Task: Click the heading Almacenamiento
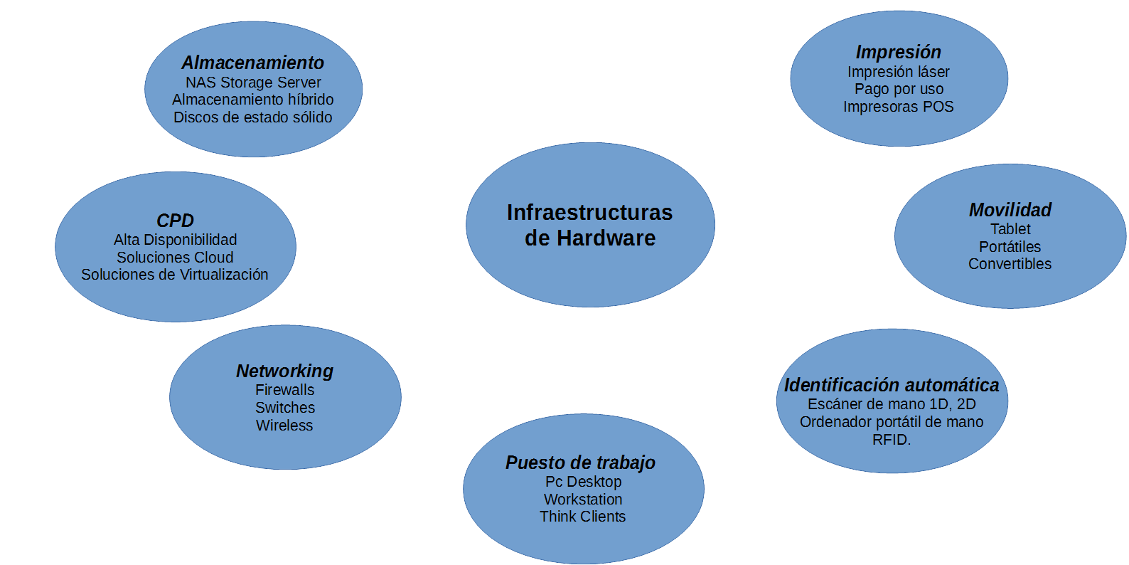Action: pos(253,63)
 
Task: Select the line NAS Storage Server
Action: pos(253,83)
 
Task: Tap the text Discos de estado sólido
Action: pos(253,117)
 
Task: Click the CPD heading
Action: pos(175,221)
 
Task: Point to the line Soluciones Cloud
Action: pos(175,258)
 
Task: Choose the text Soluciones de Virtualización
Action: pos(175,275)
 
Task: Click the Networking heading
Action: pos(284,371)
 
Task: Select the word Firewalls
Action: pos(284,390)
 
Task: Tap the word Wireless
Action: pos(284,426)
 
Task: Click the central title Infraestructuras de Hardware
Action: pos(590,225)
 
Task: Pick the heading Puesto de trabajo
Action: pos(580,463)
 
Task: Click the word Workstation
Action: pos(583,500)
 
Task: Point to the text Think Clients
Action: pos(583,517)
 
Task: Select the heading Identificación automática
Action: pos(892,385)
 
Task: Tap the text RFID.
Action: pos(892,440)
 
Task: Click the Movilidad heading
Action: pos(1010,210)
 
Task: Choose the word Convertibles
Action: pos(1010,264)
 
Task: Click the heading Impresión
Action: pos(899,52)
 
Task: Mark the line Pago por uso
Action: pos(899,89)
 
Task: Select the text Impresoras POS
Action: pos(899,107)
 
